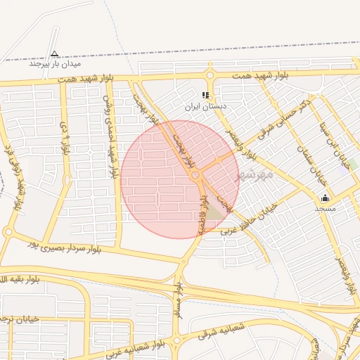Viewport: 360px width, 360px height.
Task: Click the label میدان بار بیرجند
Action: (x=54, y=63)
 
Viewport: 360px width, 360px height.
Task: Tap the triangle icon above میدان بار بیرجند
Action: (x=55, y=53)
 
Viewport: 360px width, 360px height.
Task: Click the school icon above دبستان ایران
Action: (x=205, y=95)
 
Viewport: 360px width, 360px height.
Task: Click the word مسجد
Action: (x=325, y=208)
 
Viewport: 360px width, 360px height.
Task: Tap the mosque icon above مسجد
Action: (x=325, y=198)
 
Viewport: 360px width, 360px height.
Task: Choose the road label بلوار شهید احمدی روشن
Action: (x=110, y=137)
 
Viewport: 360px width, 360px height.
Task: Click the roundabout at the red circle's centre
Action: (x=196, y=175)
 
